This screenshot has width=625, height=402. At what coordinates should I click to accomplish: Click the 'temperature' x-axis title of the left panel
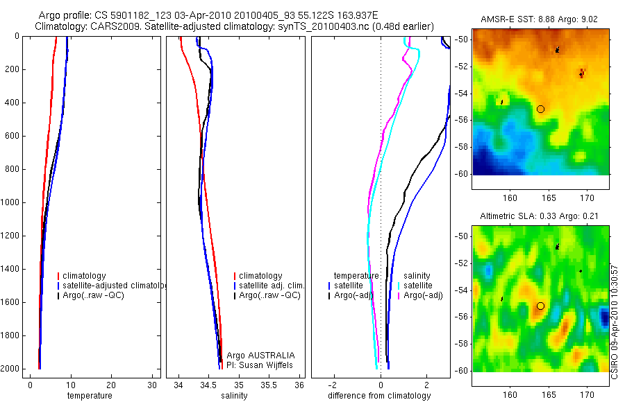(89, 396)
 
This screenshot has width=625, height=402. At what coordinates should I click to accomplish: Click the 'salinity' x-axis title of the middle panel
(233, 396)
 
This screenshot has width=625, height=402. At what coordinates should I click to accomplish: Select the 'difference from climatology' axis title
(379, 396)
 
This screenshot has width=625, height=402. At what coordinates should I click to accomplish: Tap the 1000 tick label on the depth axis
(10, 202)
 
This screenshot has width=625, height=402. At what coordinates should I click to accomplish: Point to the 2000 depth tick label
(10, 369)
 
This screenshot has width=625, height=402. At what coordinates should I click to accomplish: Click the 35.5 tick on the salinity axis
(269, 385)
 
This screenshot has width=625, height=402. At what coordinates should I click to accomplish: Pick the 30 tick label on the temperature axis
(152, 385)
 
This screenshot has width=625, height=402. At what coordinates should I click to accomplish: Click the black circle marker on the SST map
(540, 109)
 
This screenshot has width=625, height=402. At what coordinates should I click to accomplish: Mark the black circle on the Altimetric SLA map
(540, 306)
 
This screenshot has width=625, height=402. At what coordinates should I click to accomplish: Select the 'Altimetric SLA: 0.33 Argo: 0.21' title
(540, 217)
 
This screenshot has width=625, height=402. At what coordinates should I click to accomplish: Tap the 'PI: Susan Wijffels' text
(260, 365)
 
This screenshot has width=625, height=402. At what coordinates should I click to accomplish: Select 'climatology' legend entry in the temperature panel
(84, 276)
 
